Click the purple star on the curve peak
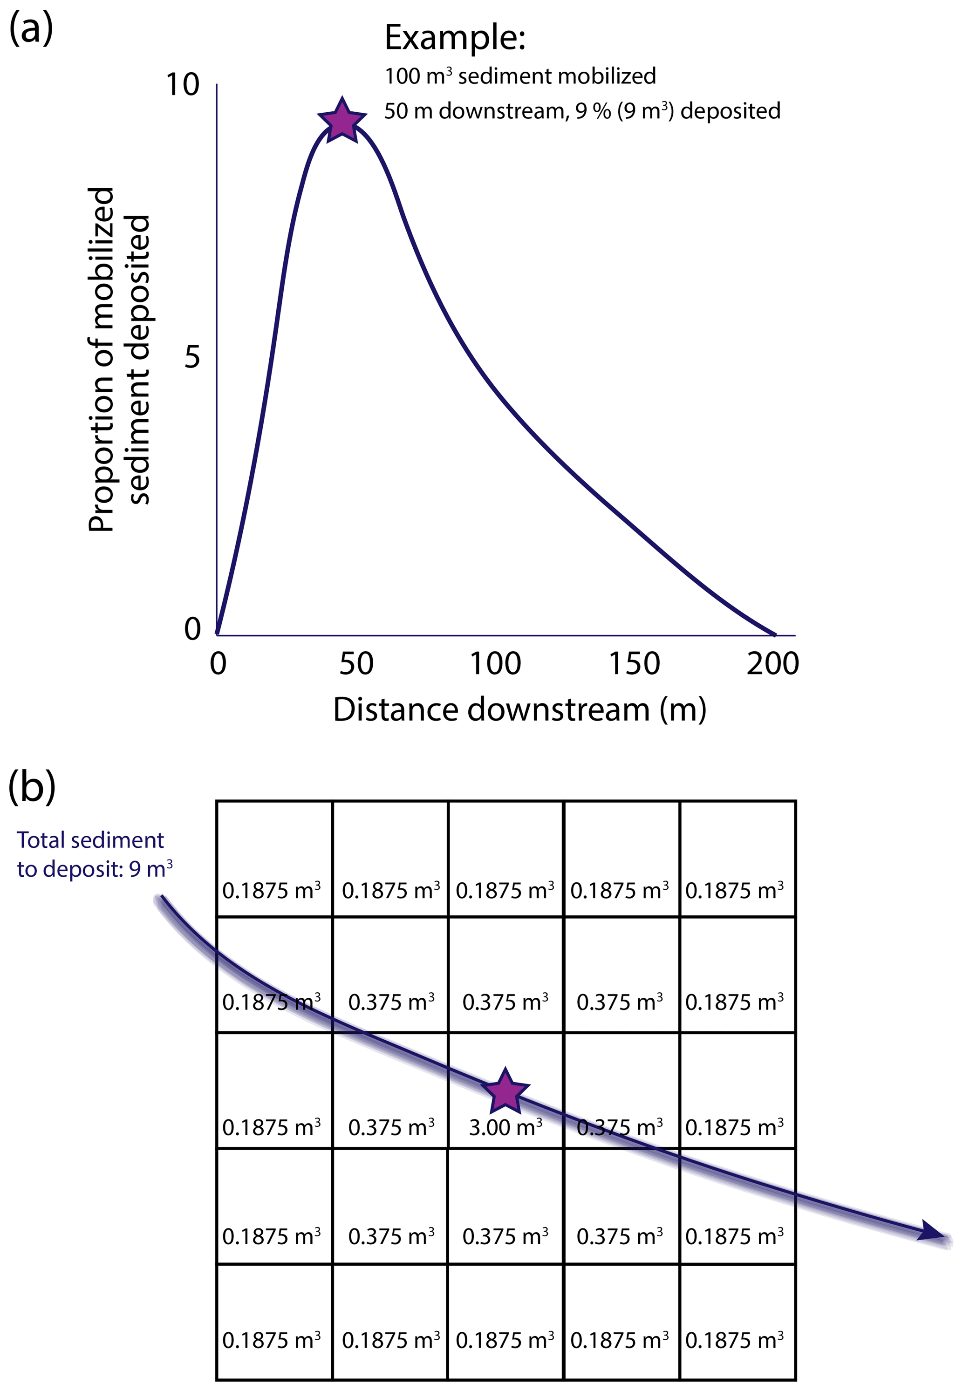342,120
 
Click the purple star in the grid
505,1091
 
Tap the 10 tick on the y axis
182,84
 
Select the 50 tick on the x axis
356,663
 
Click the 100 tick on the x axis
495,663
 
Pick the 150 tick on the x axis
634,663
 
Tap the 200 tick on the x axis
772,663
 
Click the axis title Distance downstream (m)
519,709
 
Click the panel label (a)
31,29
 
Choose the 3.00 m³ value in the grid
505,1127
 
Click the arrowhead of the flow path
933,1231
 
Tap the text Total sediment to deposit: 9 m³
94,854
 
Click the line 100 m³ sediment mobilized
520,76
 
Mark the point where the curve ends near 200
774,634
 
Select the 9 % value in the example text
593,111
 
